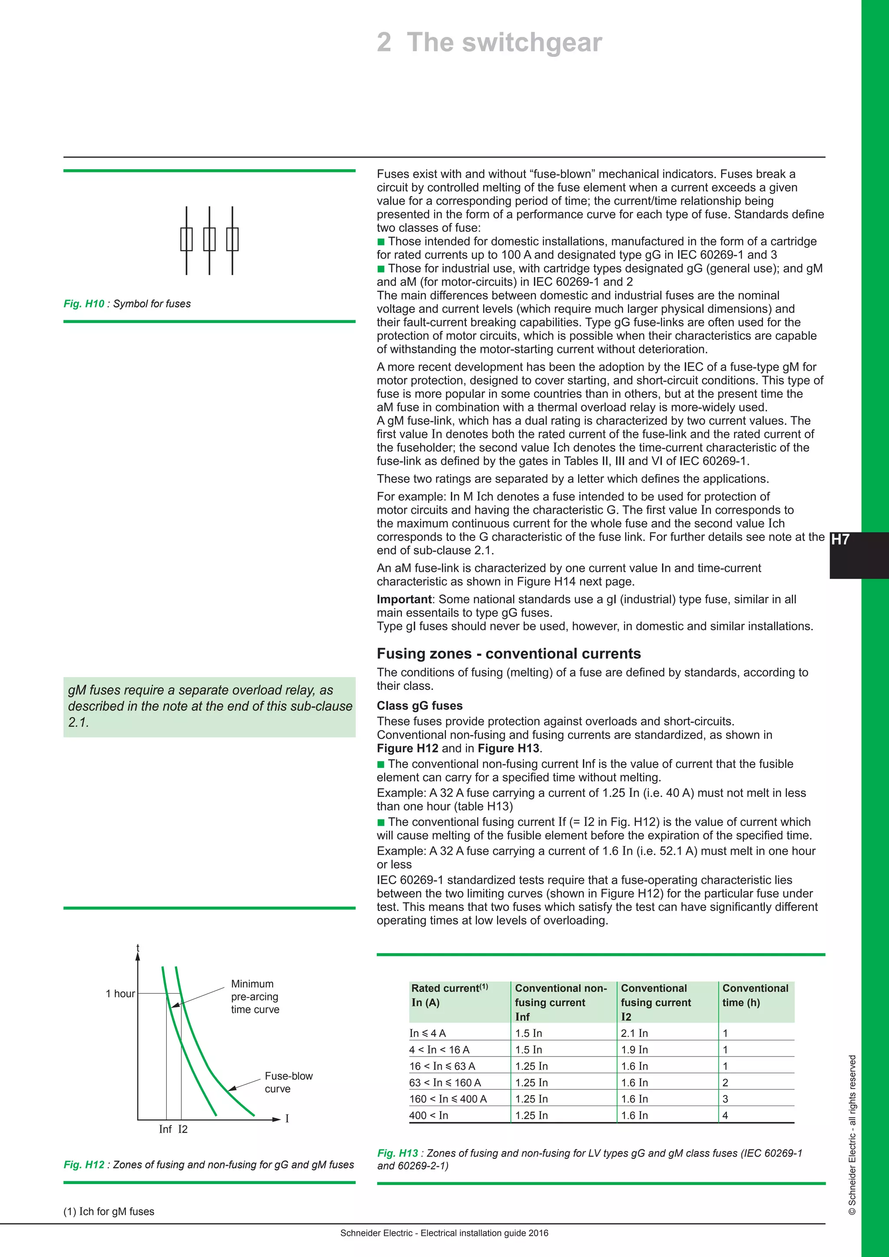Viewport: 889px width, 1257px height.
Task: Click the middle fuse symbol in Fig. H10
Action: pyautogui.click(x=209, y=240)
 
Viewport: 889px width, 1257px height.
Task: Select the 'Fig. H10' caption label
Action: pyautogui.click(x=84, y=304)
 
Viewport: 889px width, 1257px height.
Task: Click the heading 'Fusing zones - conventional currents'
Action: pyautogui.click(x=509, y=654)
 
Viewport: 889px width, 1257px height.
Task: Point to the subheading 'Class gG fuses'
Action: pyautogui.click(x=419, y=706)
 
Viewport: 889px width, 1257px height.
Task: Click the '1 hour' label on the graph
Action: pyautogui.click(x=120, y=994)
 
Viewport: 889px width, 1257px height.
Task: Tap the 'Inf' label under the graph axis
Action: pyautogui.click(x=165, y=1129)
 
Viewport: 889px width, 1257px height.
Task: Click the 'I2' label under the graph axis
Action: pyautogui.click(x=183, y=1129)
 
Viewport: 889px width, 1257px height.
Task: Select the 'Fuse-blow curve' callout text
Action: pyautogui.click(x=289, y=1083)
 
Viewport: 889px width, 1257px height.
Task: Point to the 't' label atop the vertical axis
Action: pyautogui.click(x=138, y=948)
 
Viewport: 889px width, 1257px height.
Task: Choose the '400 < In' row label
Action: pyautogui.click(x=428, y=1115)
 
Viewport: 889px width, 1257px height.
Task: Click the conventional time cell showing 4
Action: pyautogui.click(x=725, y=1115)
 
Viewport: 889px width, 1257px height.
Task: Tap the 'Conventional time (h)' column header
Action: pyautogui.click(x=755, y=995)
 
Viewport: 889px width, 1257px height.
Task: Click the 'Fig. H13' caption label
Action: pyautogui.click(x=398, y=1153)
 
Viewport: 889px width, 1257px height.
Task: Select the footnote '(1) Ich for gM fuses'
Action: pyautogui.click(x=109, y=1211)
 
